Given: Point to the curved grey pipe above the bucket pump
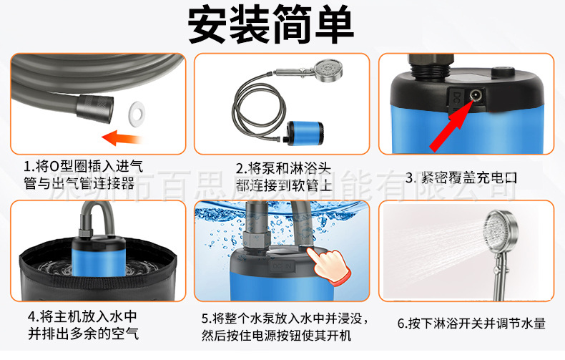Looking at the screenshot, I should tap(89, 215).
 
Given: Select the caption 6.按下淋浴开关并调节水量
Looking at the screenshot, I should tap(472, 323).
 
